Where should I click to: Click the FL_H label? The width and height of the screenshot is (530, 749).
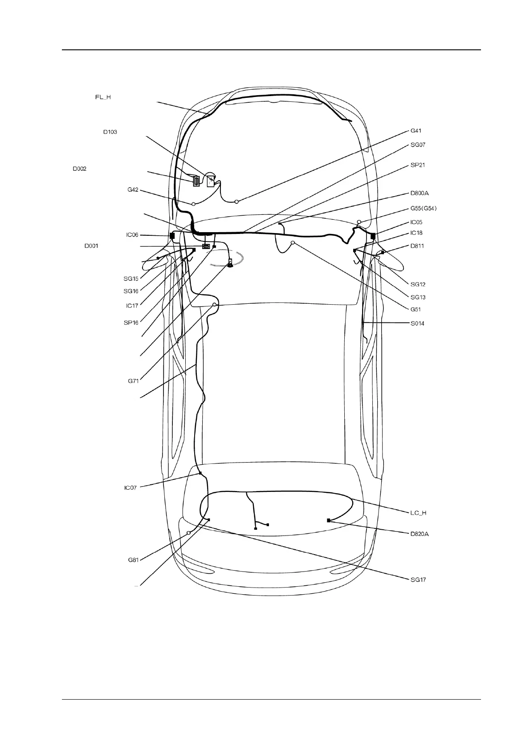102,97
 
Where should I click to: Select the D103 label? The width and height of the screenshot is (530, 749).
110,132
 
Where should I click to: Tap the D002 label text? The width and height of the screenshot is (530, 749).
80,169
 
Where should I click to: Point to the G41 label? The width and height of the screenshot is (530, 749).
416,131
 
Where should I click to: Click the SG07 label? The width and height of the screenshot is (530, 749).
418,145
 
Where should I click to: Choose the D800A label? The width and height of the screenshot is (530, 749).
420,193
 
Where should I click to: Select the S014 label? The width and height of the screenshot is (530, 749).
417,323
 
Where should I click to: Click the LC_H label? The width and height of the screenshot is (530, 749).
418,513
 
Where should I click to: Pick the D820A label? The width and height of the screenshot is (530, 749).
420,534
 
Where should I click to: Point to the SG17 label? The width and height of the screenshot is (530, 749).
418,580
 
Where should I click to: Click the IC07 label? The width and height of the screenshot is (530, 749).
130,488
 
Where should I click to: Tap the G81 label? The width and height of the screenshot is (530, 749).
133,560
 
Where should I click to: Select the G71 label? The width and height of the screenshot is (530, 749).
133,381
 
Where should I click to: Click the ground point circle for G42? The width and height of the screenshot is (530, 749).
194,204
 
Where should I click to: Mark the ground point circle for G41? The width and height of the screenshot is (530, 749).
237,202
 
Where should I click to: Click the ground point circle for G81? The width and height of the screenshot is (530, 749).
188,533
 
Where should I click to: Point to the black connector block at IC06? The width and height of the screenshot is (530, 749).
172,235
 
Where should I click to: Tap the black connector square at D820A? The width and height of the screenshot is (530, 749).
329,520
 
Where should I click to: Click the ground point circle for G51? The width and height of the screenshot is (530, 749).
293,243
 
